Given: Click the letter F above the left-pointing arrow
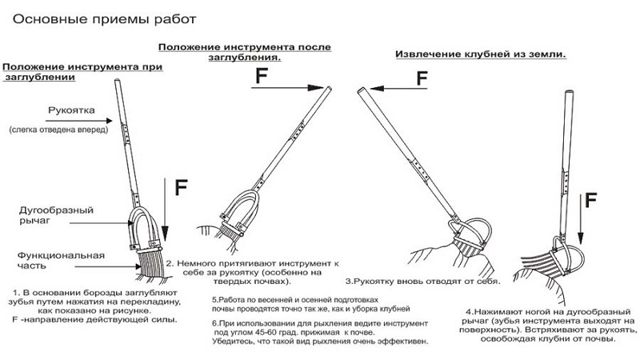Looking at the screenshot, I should click(x=422, y=78).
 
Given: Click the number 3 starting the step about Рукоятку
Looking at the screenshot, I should click(x=348, y=282).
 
